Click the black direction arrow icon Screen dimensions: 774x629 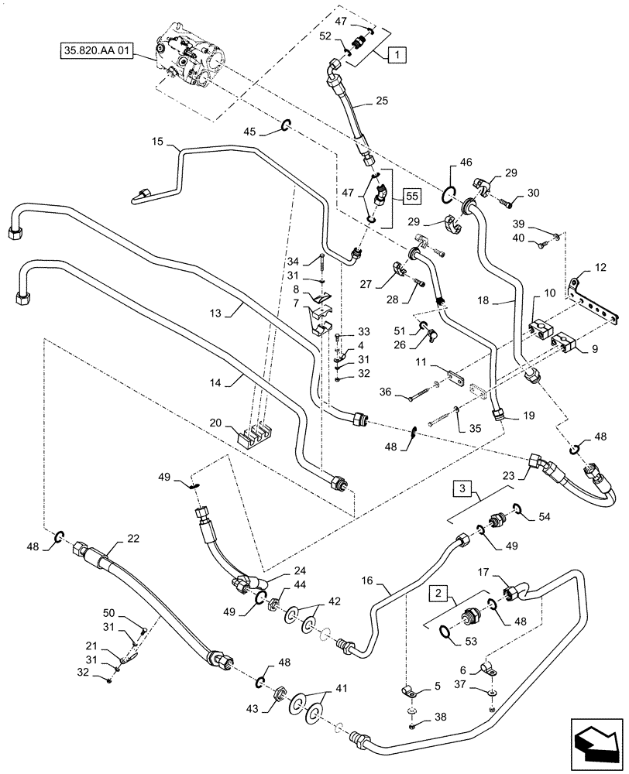pos(594,744)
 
